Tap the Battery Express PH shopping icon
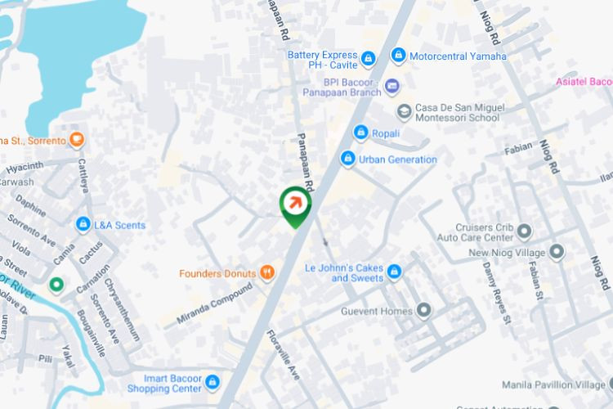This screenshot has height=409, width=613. pos(369,58)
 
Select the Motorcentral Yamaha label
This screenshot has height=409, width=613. pos(459,56)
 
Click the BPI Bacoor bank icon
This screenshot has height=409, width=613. pos(392,86)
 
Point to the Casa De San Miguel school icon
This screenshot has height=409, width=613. pos(404,110)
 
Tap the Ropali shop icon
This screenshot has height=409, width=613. pos(360,133)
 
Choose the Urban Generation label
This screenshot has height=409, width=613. pos(398,160)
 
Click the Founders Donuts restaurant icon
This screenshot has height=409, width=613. pos(266,273)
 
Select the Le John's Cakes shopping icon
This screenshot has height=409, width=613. pos(395,272)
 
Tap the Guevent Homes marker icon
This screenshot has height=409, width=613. pos(423,309)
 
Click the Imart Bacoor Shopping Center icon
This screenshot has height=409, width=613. pos(213,381)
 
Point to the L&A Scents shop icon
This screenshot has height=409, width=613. pos(83,224)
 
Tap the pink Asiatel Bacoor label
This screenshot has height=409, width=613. pos(584,82)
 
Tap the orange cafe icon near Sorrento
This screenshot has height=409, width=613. pos(77,140)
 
